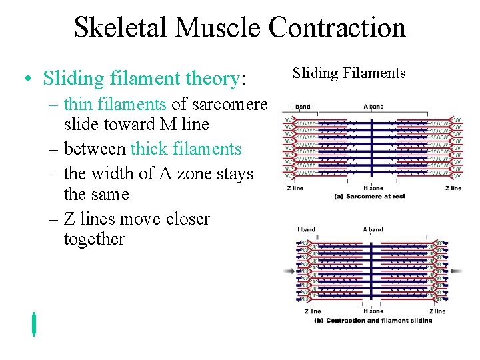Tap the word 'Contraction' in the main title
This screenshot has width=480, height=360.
pos(337,28)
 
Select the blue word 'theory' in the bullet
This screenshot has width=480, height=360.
pos(209,79)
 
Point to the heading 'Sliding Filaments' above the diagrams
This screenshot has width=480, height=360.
pos(349,73)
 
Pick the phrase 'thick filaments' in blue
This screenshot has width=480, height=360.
pos(186,149)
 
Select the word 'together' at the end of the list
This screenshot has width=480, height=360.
pos(94,239)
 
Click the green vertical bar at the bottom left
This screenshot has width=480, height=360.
pos(33,323)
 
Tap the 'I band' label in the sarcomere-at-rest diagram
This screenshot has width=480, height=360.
pos(300,107)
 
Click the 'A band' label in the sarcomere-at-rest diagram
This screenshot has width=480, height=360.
pos(373,107)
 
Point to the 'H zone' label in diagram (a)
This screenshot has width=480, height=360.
pos(373,188)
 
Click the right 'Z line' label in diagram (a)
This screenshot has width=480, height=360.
pos(453,188)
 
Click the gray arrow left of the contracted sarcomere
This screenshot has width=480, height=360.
pos(289,271)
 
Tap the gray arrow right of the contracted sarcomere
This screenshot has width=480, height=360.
pos(457,271)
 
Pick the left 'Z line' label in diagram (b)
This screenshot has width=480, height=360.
pos(313,311)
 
